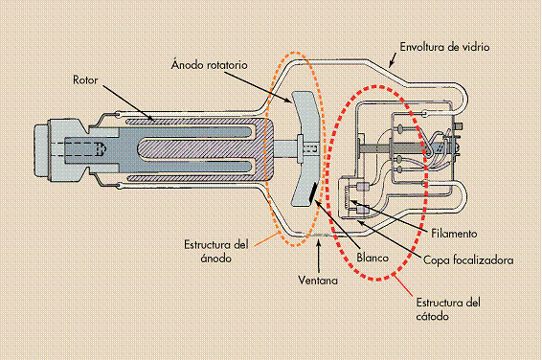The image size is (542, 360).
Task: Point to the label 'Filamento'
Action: point(454,233)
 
